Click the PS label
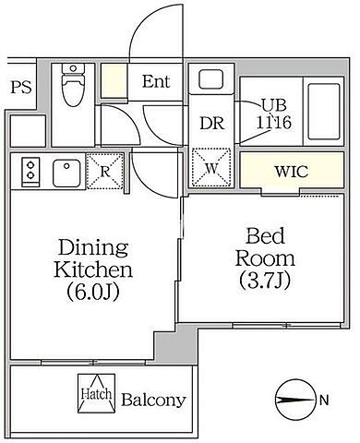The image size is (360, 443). tap(21, 88)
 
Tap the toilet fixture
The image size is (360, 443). tap(73, 84)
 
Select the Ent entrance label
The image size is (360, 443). tap(156, 81)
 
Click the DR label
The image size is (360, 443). tap(212, 123)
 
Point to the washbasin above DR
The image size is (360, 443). tap(210, 79)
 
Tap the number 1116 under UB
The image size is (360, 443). tap(274, 123)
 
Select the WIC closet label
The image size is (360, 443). tap(292, 172)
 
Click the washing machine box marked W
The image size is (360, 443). tap(211, 168)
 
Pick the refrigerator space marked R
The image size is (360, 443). tap(105, 171)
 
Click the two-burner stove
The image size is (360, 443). tap(30, 172)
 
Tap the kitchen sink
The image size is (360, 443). tap(66, 173)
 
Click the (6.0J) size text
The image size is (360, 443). tap(93, 292)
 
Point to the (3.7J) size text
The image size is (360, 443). tap(265, 281)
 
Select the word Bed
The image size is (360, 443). tap(265, 237)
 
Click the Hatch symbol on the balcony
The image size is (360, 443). tap(97, 393)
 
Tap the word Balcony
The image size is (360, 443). tap(153, 400)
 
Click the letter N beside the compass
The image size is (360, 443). tap(324, 401)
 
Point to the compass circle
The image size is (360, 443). tap(296, 401)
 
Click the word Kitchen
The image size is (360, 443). tap(93, 269)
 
